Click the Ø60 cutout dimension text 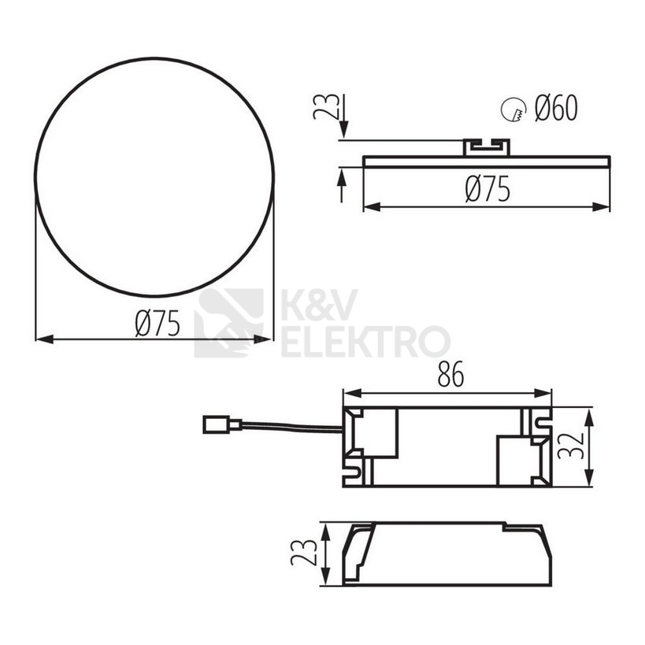556,108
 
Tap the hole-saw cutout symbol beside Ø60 513,109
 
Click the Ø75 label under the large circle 158,323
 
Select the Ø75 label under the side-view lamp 487,189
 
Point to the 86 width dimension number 450,374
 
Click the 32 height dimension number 571,446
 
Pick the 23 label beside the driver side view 304,552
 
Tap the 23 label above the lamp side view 326,106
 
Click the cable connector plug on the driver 222,425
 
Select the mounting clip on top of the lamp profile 487,148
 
